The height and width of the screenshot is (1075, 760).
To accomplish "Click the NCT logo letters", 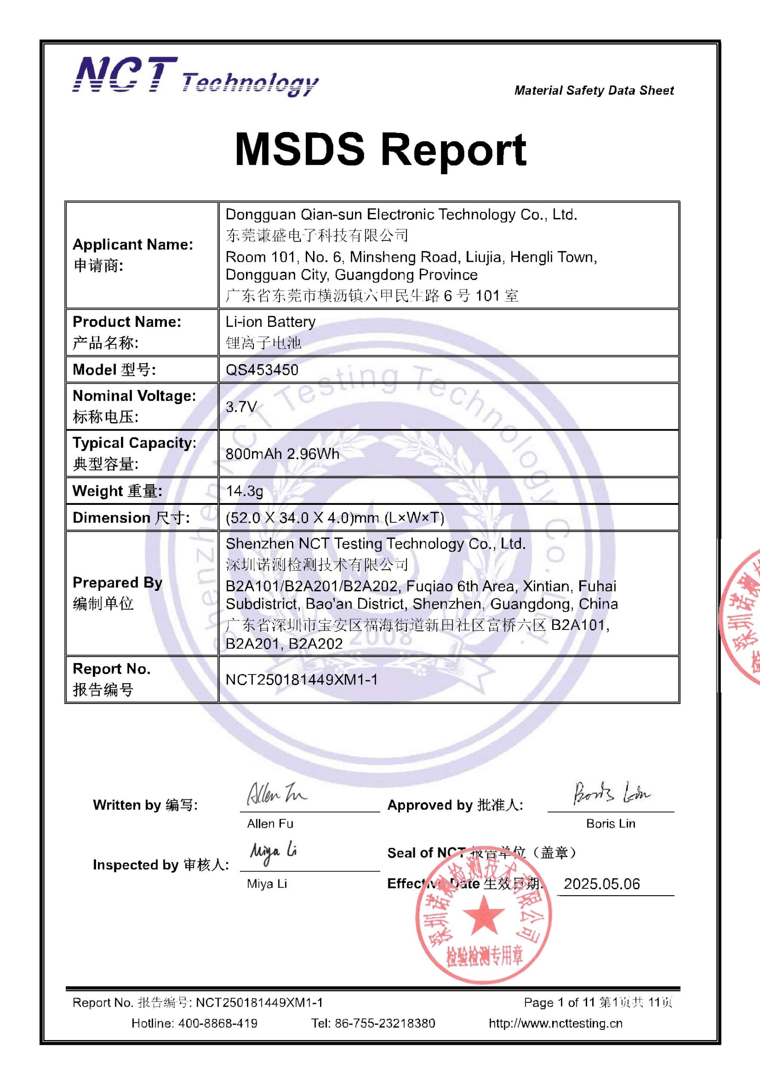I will [x=126, y=75].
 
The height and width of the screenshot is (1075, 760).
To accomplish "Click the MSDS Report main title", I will [x=380, y=149].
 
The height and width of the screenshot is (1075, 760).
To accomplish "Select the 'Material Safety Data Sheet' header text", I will [x=594, y=90].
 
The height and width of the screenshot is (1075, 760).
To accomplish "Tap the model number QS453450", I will [x=262, y=370].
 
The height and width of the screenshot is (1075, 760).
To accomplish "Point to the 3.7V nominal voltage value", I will [x=241, y=406].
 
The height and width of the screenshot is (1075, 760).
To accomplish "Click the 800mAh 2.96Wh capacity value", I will [x=283, y=454].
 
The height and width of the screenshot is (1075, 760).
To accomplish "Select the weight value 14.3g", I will [x=244, y=491].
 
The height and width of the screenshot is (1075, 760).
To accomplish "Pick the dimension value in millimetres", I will [x=335, y=518].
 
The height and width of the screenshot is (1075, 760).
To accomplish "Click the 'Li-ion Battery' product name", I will [x=271, y=322].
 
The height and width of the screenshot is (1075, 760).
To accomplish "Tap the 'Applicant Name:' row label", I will [x=132, y=244].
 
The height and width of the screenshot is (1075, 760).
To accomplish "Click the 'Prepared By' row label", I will [x=117, y=583].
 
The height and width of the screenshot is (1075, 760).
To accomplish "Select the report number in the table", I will [x=302, y=679].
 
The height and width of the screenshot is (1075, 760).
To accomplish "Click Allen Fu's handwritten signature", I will [x=276, y=794].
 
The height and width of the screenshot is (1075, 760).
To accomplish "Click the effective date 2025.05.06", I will [x=602, y=884].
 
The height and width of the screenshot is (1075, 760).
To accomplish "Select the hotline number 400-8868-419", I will [x=218, y=1023].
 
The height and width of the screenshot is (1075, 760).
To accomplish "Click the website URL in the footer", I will [x=555, y=1023].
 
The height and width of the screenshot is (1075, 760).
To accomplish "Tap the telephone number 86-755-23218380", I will [x=385, y=1023].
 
